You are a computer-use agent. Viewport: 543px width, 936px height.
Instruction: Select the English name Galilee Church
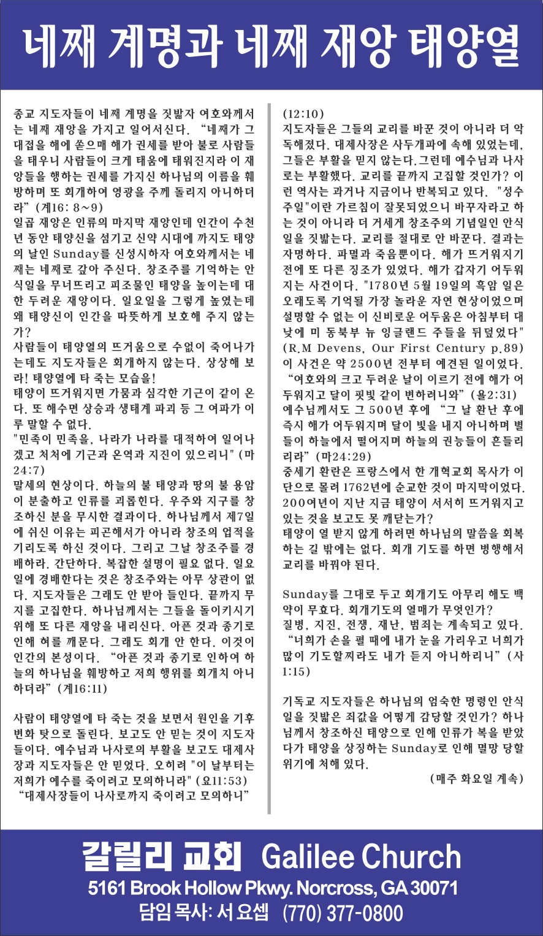(361, 857)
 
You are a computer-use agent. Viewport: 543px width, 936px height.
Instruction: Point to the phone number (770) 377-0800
(343, 913)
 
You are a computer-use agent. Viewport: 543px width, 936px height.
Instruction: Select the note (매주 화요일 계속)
(477, 779)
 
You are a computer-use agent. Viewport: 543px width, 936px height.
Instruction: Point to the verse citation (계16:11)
(82, 688)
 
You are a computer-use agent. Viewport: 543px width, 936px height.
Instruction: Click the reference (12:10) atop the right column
(303, 114)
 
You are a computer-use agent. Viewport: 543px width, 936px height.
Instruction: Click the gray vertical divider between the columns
(269, 454)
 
